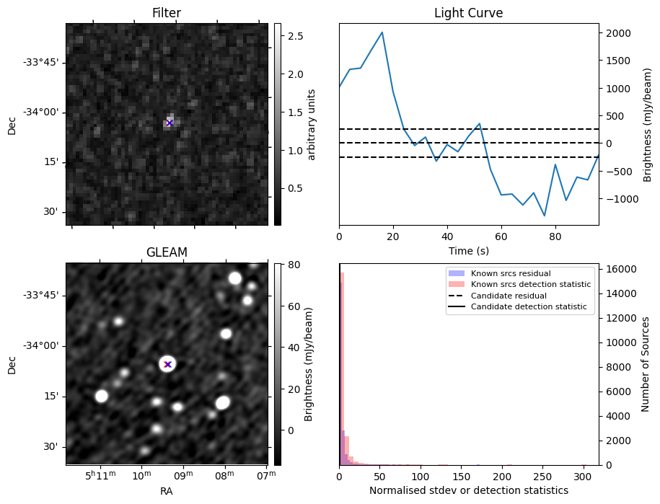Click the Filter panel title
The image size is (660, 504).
167,13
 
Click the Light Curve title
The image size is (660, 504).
468,13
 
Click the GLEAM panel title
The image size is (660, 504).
167,252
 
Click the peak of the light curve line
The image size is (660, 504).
382,32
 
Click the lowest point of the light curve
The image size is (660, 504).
545,216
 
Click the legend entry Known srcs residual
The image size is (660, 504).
511,274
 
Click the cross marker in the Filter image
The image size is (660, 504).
170,123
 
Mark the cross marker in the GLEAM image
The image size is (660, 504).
167,364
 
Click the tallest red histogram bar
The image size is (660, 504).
342,368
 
